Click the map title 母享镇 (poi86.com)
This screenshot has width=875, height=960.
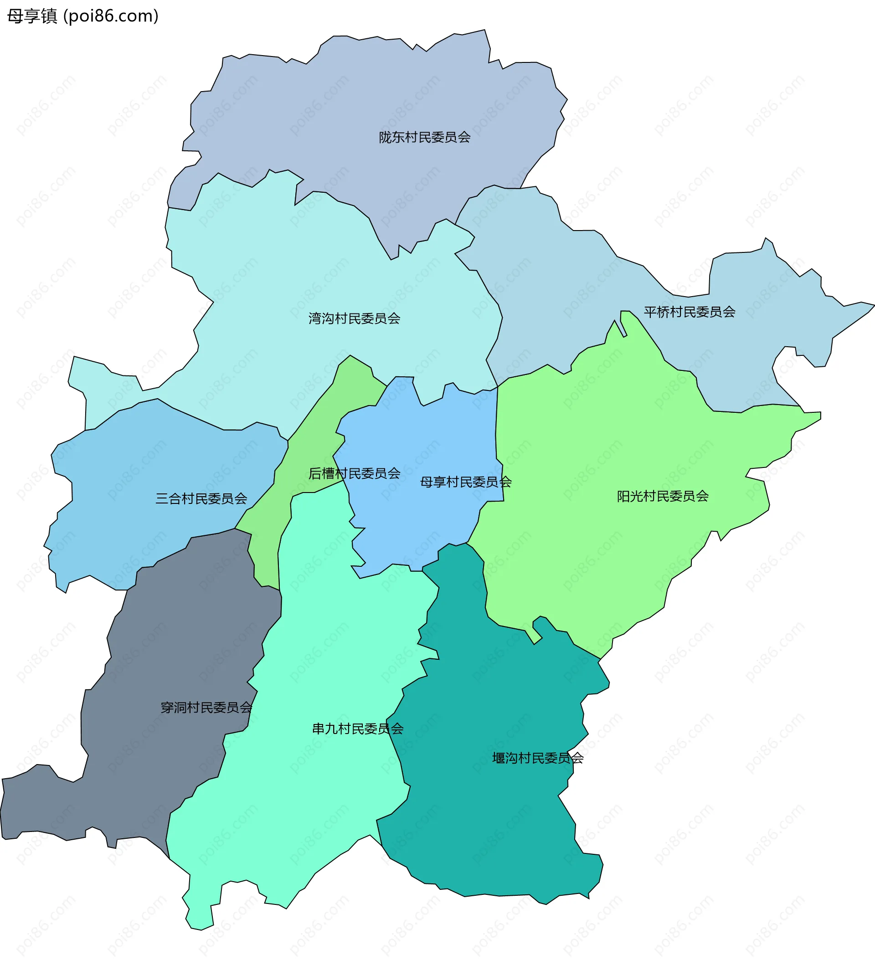pos(82,16)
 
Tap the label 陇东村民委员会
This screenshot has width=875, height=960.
pos(424,138)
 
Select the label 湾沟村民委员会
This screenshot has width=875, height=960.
pos(354,318)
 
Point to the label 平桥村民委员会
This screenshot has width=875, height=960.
pos(689,312)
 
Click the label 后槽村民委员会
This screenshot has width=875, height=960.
pos(354,473)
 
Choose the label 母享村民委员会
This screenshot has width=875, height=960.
pos(465,482)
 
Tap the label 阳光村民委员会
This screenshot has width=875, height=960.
pos(663,496)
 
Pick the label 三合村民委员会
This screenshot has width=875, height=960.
pos(201,498)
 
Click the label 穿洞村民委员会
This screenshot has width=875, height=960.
pos(206,708)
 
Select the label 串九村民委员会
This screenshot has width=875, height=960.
pos(357,729)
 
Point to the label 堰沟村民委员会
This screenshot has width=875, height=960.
pos(537,758)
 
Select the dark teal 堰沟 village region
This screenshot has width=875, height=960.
pos(500,810)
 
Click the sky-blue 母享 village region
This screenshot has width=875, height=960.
pos(419,524)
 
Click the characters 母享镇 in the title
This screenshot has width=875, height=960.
pos(32,16)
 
